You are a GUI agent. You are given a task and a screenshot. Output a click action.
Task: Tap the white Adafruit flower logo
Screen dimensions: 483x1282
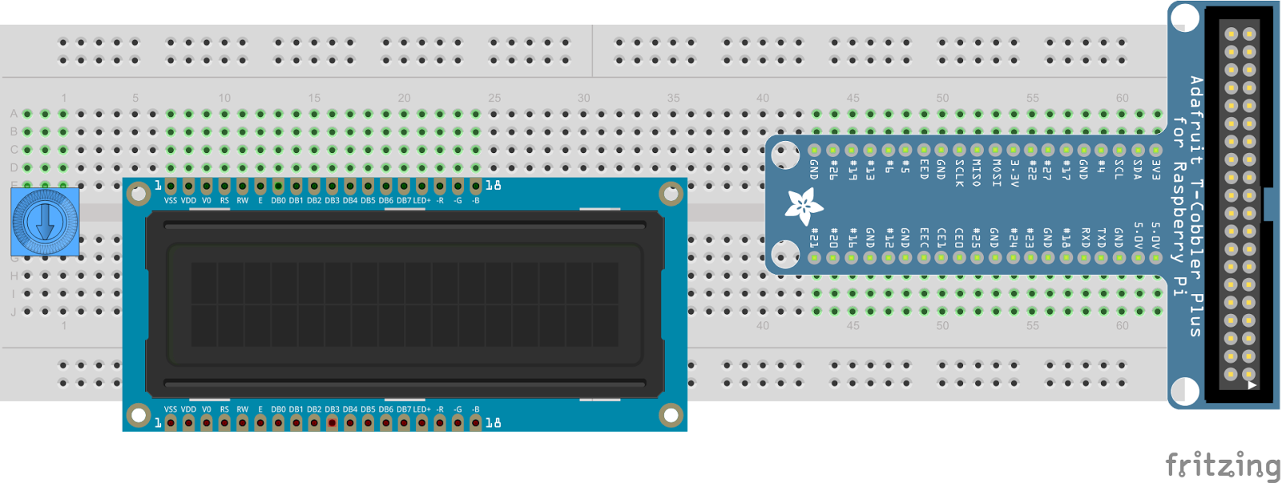803,206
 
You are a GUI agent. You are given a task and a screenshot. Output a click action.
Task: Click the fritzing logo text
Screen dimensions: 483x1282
1222,465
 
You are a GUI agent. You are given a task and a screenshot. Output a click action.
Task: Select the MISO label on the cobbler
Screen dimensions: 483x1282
977,172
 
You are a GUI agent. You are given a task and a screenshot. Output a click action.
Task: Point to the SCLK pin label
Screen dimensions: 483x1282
959,172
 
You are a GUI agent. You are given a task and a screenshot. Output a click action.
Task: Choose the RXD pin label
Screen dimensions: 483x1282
1085,238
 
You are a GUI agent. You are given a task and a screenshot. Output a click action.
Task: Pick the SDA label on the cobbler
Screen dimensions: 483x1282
1138,170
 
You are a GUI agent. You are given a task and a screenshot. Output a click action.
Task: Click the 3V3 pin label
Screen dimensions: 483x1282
1155,169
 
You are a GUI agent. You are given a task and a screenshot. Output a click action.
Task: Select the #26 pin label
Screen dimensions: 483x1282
833,170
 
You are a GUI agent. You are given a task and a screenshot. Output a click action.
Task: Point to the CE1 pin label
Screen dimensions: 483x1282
941,237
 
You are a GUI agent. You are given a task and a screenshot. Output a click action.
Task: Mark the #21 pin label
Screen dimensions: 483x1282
815,238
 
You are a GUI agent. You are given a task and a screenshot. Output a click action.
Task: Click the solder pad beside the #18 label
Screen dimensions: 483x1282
1066,258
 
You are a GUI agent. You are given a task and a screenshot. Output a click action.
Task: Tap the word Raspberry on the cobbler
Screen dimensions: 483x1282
1179,212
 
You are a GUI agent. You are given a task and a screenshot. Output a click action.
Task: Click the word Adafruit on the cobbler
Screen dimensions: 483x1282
1196,120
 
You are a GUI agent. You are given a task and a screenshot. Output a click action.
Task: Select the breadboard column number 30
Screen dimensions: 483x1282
584,98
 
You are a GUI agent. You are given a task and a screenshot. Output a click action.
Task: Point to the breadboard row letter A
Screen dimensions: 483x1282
14,114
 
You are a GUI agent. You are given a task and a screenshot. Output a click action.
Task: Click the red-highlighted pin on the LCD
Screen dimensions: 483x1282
332,422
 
